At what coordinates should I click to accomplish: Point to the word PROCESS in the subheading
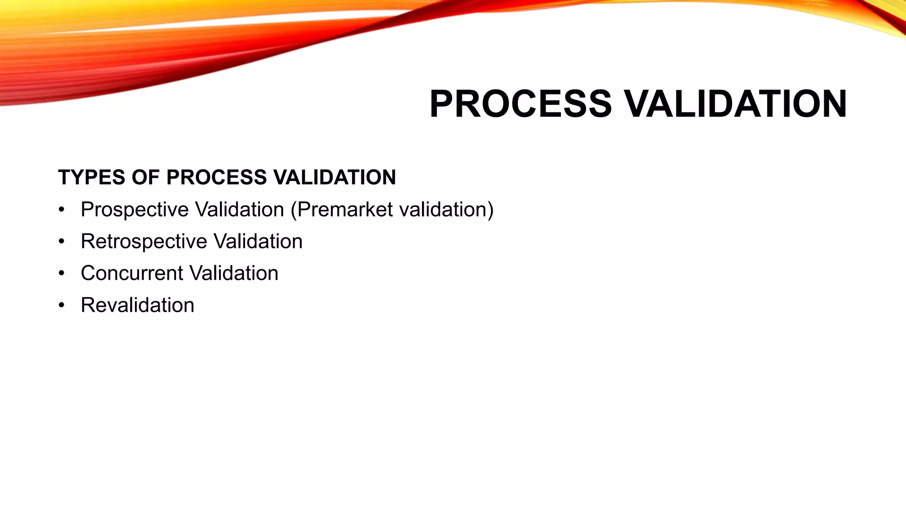[217, 178]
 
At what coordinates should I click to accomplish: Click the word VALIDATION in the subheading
[335, 178]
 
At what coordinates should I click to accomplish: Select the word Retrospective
[144, 242]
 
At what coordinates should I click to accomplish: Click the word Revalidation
[138, 305]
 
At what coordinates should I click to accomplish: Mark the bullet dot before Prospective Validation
[61, 210]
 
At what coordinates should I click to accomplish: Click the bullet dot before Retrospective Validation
[61, 242]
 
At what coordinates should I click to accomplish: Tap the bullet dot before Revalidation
[61, 305]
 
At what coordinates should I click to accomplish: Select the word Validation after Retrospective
[258, 242]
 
